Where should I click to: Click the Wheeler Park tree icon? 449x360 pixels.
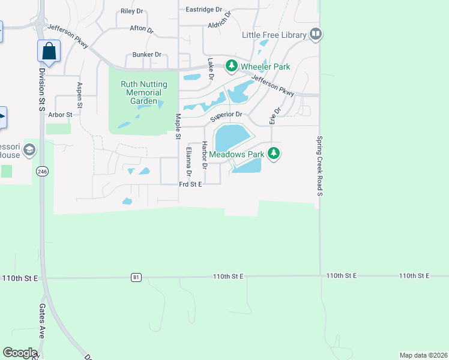coord(231,66)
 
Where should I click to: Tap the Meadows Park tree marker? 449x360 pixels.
coord(274,154)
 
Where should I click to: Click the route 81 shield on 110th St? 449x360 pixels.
coord(137,277)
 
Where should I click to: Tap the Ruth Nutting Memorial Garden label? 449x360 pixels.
coord(141,93)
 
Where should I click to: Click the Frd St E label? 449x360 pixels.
coord(190,185)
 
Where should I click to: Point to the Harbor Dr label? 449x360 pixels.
coord(205,155)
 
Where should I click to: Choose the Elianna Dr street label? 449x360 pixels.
coord(188,162)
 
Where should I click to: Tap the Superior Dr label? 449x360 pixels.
coord(226,114)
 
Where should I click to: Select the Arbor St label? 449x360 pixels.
coord(60,114)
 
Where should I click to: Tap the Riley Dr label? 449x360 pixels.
coord(132,11)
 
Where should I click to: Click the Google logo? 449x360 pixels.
coord(20,353)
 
